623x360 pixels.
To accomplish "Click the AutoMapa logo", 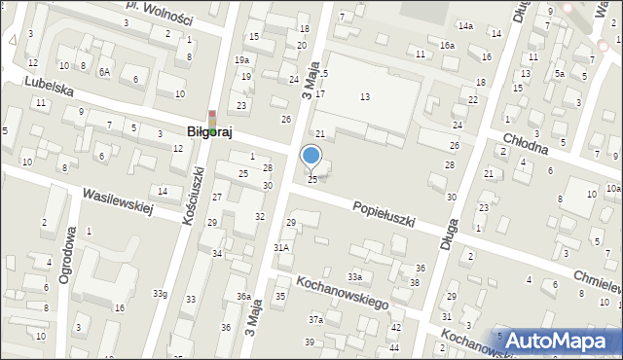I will pyautogui.click(x=562, y=340).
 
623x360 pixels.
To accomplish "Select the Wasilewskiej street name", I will pyautogui.click(x=118, y=201).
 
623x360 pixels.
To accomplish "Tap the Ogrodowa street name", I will pyautogui.click(x=67, y=256).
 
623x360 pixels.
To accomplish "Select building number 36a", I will pyautogui.click(x=243, y=297).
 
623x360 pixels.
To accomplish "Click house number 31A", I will pyautogui.click(x=281, y=248).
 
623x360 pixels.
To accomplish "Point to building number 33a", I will pyautogui.click(x=355, y=277).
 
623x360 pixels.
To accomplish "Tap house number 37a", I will pyautogui.click(x=315, y=319).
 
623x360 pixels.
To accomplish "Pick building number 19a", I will pyautogui.click(x=240, y=60).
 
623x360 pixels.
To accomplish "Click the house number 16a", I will pyautogui.click(x=447, y=46).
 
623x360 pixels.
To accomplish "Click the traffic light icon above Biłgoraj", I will pyautogui.click(x=212, y=117).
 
